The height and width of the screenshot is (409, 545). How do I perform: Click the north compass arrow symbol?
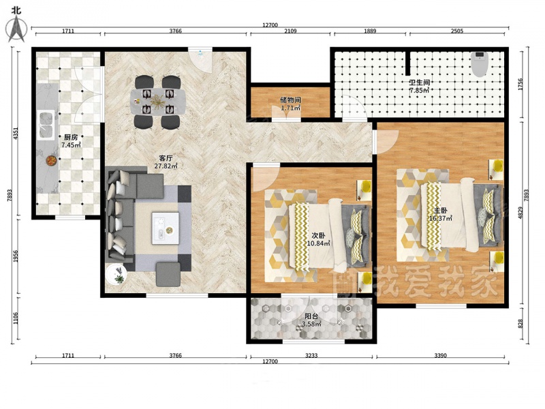(x=16, y=29)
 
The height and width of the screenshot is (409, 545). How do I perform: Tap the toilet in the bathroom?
(x=480, y=64)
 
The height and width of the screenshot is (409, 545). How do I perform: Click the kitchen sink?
(x=46, y=125)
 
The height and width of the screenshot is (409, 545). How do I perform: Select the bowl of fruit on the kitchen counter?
(x=52, y=160)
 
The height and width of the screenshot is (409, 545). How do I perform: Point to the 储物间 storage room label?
(x=291, y=100)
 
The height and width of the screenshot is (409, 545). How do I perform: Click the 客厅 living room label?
(x=166, y=159)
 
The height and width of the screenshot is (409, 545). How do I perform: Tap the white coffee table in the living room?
(x=166, y=228)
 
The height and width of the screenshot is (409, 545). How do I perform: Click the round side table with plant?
(x=116, y=275)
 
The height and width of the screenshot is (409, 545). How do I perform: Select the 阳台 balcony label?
(x=311, y=316)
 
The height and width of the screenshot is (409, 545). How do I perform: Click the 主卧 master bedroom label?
(x=440, y=211)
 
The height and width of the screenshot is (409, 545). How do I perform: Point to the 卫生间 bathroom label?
(x=420, y=82)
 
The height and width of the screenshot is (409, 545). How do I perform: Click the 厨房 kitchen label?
(x=71, y=138)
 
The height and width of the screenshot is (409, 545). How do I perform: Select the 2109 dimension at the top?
(x=291, y=31)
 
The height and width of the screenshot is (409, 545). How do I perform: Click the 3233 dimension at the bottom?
(x=311, y=355)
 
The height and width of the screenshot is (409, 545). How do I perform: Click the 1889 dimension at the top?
(x=370, y=31)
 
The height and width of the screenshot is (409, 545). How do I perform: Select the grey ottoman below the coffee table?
(x=168, y=274)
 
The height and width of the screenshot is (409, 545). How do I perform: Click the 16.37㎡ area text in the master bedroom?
(x=441, y=218)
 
